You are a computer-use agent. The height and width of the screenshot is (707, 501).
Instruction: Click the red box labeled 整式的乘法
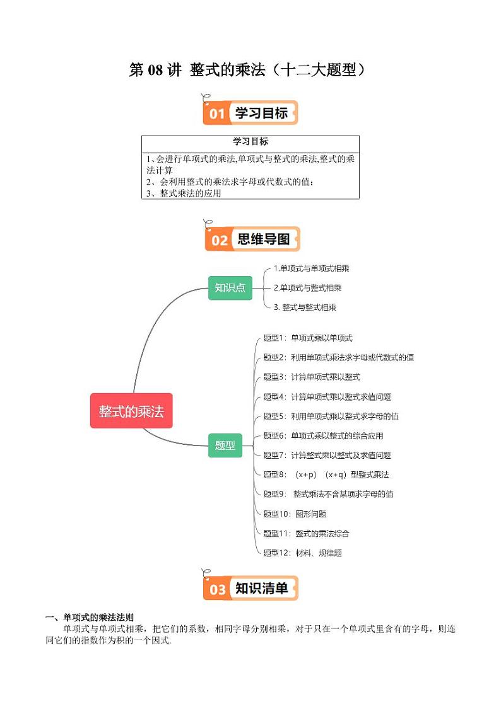[131, 411]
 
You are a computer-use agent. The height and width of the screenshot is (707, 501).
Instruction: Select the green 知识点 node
[230, 288]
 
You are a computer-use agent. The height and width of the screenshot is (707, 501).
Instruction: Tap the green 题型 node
[225, 445]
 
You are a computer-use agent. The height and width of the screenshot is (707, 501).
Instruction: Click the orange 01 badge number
[217, 113]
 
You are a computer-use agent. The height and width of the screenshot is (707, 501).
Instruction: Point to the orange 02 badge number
[220, 240]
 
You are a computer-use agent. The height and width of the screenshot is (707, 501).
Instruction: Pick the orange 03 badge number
[218, 589]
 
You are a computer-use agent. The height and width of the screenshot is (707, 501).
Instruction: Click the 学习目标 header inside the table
[250, 142]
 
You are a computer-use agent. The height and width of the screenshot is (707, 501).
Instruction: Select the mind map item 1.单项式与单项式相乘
[312, 268]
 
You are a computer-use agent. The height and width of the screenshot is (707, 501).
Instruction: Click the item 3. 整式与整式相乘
[305, 308]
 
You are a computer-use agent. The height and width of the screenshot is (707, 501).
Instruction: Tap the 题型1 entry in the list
[308, 338]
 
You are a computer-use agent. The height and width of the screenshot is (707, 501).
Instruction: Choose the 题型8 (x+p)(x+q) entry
[326, 474]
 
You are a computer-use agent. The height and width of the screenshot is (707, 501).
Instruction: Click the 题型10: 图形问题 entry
[295, 514]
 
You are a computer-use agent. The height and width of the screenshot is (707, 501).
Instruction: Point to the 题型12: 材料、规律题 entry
[302, 553]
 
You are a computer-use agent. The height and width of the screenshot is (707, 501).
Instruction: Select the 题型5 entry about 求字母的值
[331, 416]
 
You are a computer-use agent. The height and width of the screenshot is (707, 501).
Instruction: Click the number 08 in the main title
[155, 70]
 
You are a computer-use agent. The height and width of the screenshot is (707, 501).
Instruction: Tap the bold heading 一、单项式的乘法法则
[90, 618]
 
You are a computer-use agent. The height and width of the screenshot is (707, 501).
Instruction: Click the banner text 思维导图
[264, 239]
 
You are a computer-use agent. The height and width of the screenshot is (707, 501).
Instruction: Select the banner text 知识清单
[261, 589]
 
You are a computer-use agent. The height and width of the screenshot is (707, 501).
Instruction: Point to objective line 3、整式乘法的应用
[183, 193]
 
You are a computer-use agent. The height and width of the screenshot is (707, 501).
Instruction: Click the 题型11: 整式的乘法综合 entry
[307, 534]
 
